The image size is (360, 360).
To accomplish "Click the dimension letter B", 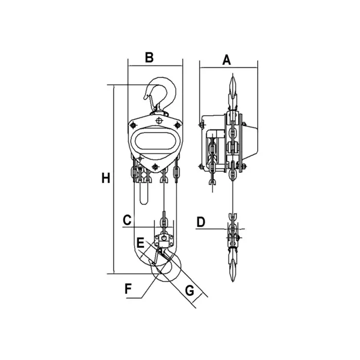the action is coord(149,58).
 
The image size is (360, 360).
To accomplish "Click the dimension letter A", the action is coord(227,60).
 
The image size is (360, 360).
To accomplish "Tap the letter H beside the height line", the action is coord(106,178).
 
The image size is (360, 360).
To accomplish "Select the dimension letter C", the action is coord(127,220).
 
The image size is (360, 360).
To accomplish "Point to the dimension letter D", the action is coord(201,222).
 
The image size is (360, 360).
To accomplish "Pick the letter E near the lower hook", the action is coord(140,243).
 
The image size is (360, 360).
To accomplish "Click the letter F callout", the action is coord(128,289).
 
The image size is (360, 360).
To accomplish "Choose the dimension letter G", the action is coord(190,291).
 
